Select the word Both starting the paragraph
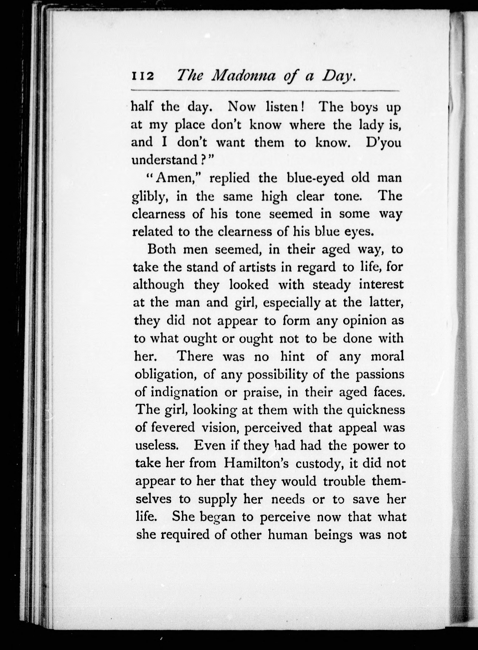pos(162,249)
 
